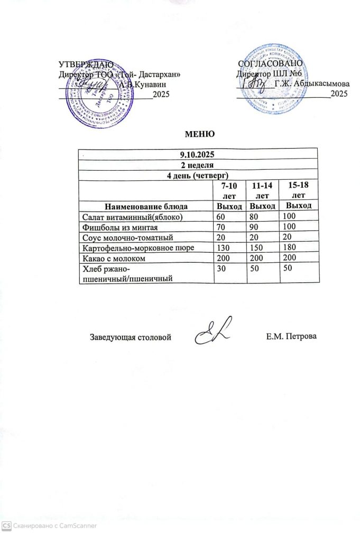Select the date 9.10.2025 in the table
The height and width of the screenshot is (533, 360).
tap(197, 155)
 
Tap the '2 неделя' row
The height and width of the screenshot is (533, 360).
tap(197, 164)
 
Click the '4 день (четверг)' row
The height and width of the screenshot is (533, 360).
tap(197, 174)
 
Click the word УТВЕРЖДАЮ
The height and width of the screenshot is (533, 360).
tap(86, 65)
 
